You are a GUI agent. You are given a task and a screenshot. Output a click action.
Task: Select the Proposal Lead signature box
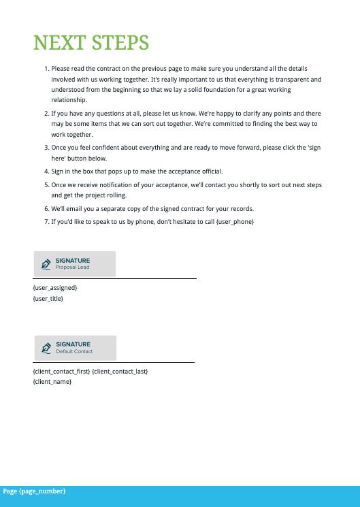pos(75,264)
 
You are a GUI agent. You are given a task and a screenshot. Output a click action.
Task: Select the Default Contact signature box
pos(76,348)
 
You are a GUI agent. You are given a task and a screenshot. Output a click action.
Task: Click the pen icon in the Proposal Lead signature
pos(46,264)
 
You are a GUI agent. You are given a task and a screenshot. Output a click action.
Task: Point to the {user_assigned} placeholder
pos(55,288)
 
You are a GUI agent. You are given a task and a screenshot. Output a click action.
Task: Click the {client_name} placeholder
pos(52,382)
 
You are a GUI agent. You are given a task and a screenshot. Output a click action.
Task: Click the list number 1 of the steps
pos(46,69)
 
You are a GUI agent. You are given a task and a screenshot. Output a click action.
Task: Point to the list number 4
pos(46,171)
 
